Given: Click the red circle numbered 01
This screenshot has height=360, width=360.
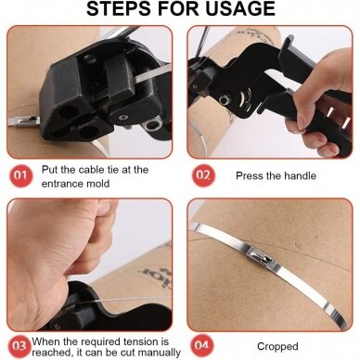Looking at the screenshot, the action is pos(20,175).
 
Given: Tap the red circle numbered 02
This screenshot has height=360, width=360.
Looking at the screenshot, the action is pos(203,175).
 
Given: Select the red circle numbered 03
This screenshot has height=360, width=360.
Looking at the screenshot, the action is pos(19,345).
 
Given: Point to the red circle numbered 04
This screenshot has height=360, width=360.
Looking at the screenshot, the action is pos(202,345).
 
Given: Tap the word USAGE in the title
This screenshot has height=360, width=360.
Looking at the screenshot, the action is pos(240,8).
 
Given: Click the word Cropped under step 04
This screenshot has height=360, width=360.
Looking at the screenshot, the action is pos(277,347).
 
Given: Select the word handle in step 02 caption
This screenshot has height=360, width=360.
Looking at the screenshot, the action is pos(300,176).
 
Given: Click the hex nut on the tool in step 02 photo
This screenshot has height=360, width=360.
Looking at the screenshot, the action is pos(223,100).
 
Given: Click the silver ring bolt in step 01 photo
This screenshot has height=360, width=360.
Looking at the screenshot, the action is pos(152,125).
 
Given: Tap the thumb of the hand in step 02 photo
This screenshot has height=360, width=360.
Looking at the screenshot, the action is pos(301,104).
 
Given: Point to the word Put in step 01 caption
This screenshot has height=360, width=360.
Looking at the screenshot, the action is pos(49,170).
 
